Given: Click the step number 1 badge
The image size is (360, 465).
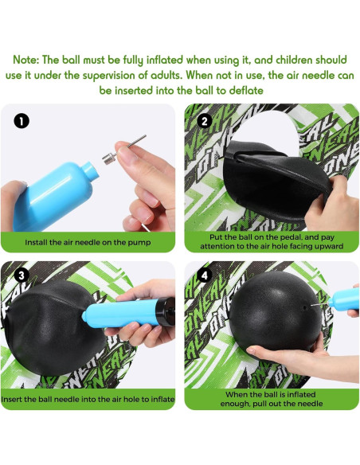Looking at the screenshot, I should [22, 121].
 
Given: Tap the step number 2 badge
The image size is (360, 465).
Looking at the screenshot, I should [204, 121].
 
